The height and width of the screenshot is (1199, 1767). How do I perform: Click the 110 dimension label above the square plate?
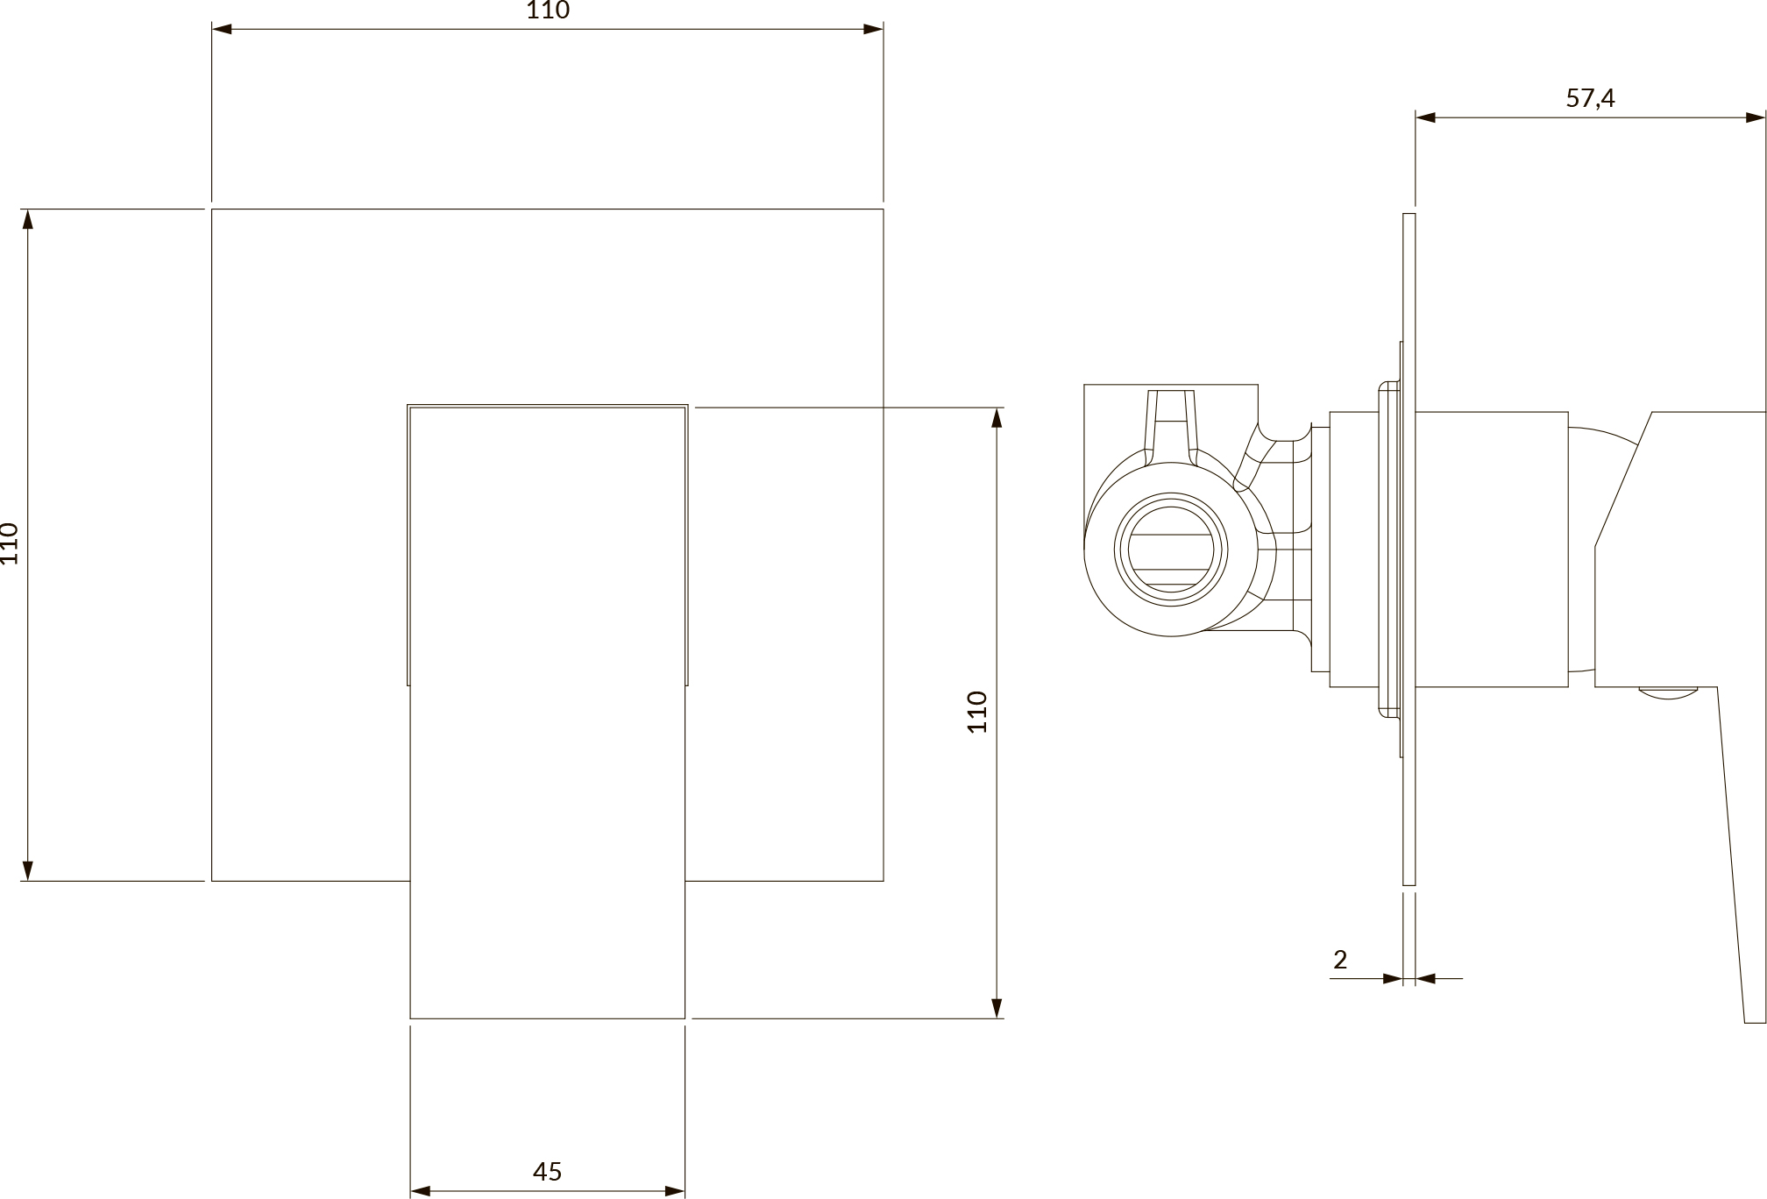pyautogui.click(x=548, y=11)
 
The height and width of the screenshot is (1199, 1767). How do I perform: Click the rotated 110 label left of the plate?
pyautogui.click(x=10, y=543)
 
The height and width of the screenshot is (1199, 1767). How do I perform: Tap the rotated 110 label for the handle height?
pyautogui.click(x=977, y=712)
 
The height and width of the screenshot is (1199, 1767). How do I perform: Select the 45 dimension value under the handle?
pyautogui.click(x=547, y=1171)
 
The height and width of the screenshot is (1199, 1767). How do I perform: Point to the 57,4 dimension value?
pyautogui.click(x=1590, y=98)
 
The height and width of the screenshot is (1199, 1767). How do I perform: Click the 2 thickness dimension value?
pyautogui.click(x=1339, y=960)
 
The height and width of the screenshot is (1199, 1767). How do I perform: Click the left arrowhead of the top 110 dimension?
pyautogui.click(x=222, y=29)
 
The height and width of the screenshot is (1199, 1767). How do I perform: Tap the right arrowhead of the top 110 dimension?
pyautogui.click(x=873, y=29)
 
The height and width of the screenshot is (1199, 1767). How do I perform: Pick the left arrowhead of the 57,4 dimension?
pyautogui.click(x=1426, y=117)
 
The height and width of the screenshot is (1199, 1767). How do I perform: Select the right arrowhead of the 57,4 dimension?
pyautogui.click(x=1756, y=117)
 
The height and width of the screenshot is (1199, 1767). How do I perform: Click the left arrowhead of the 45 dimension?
pyautogui.click(x=421, y=1190)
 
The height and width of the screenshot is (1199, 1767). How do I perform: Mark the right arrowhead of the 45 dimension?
pyautogui.click(x=674, y=1190)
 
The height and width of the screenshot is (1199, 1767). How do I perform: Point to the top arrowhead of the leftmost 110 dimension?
pyautogui.click(x=28, y=220)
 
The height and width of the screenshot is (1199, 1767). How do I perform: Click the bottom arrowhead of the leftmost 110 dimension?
pyautogui.click(x=28, y=869)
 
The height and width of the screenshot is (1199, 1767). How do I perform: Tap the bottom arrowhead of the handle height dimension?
pyautogui.click(x=997, y=1008)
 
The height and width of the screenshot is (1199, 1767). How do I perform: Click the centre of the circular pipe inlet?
pyautogui.click(x=1171, y=550)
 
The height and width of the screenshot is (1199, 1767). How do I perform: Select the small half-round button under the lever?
pyautogui.click(x=1669, y=692)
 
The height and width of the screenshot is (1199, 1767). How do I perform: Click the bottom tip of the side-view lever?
pyautogui.click(x=1755, y=1022)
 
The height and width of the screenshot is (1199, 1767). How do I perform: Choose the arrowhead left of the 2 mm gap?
pyautogui.click(x=1393, y=978)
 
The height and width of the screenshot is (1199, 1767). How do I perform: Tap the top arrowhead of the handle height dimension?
pyautogui.click(x=997, y=418)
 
